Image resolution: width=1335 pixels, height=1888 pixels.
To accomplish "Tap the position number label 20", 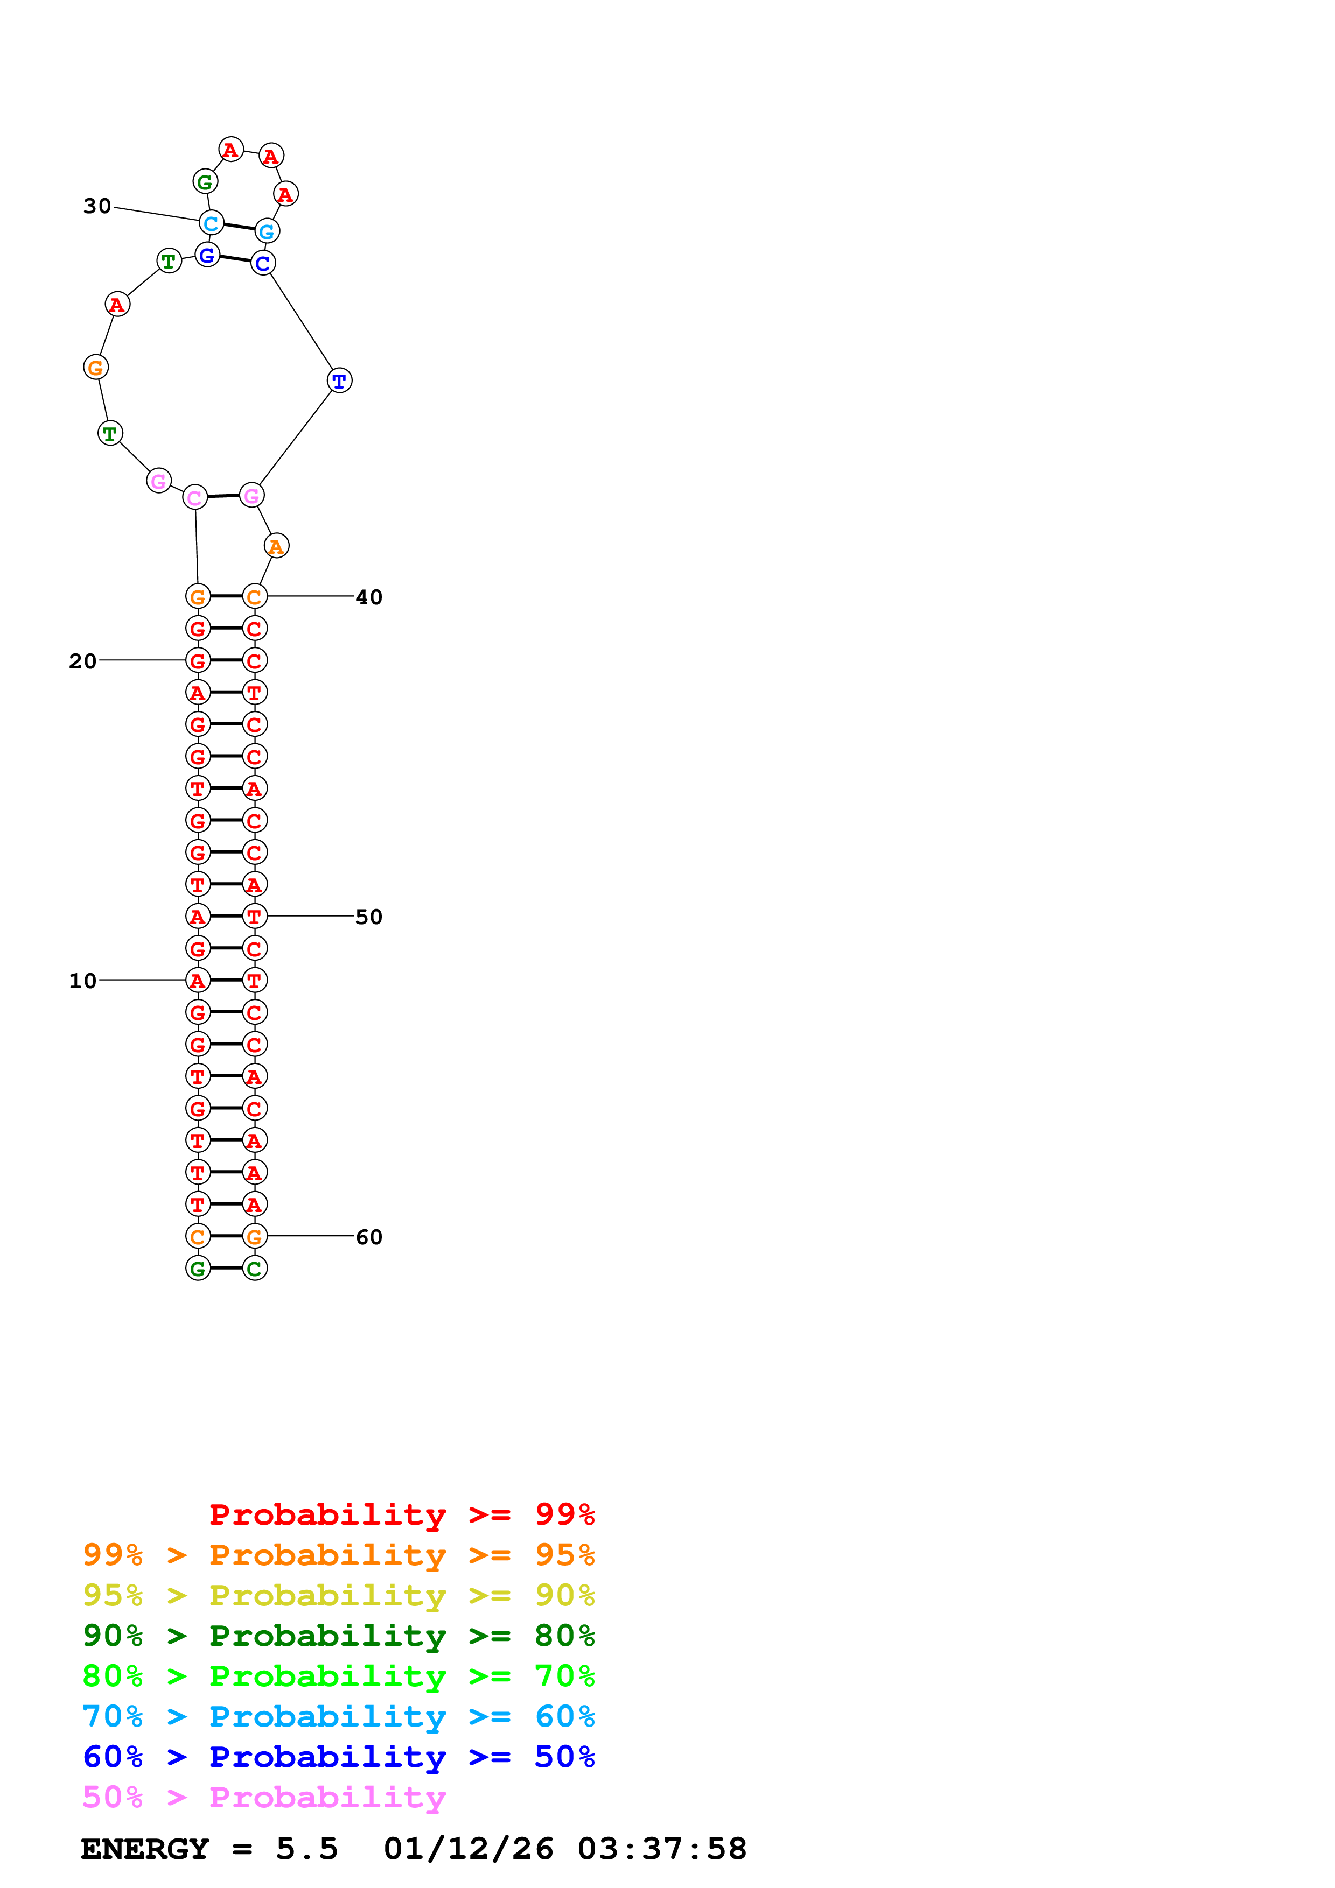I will click(x=82, y=660).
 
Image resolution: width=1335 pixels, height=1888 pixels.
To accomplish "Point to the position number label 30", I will click(x=97, y=206).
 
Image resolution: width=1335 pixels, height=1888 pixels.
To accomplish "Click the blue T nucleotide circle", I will click(x=339, y=381).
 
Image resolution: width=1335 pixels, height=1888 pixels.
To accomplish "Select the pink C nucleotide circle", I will click(x=195, y=497).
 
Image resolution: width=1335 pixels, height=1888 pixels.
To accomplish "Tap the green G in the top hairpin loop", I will click(x=205, y=182).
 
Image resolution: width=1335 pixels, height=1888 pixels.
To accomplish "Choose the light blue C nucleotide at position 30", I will click(x=212, y=223).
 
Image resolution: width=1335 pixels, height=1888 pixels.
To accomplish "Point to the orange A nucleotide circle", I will click(x=276, y=546).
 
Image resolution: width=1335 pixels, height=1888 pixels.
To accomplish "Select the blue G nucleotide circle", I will click(x=207, y=256).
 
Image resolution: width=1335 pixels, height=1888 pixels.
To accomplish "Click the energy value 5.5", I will click(x=307, y=1849).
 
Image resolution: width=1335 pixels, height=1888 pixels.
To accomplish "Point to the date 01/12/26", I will click(x=468, y=1849).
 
